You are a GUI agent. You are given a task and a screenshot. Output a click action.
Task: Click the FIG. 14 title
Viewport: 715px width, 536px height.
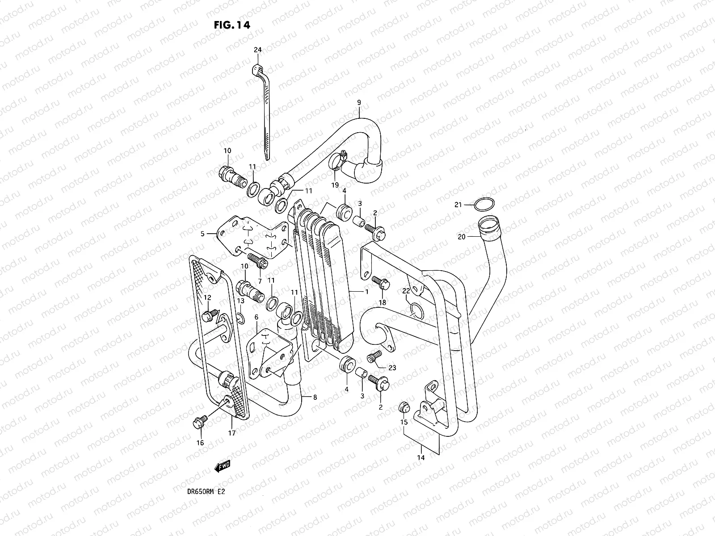[x=231, y=25]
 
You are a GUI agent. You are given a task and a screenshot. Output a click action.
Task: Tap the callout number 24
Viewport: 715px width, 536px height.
[x=257, y=50]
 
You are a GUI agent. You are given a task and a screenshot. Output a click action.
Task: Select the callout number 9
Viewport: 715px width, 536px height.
[x=359, y=103]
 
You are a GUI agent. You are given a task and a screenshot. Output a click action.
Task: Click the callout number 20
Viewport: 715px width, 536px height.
[x=462, y=237]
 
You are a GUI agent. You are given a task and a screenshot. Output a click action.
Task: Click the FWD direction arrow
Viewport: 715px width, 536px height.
[x=222, y=467]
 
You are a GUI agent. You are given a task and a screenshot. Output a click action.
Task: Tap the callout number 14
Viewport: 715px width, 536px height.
[x=421, y=457]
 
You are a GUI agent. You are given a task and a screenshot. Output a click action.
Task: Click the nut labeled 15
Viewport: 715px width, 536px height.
[x=404, y=406]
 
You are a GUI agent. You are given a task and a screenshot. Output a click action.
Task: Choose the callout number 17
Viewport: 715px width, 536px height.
[x=232, y=432]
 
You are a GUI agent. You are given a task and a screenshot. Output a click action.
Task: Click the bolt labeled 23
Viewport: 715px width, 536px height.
[x=374, y=356]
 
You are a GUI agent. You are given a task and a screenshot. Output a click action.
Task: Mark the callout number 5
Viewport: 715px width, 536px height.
[x=202, y=233]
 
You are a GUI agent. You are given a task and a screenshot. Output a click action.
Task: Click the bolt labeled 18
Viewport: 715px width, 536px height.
[x=381, y=282]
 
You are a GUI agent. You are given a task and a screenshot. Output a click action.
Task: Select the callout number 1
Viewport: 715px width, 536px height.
[x=366, y=292]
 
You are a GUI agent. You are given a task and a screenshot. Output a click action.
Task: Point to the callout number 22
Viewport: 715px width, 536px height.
[x=406, y=291]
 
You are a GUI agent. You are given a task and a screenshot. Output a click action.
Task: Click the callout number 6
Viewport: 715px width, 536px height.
[x=257, y=317]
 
